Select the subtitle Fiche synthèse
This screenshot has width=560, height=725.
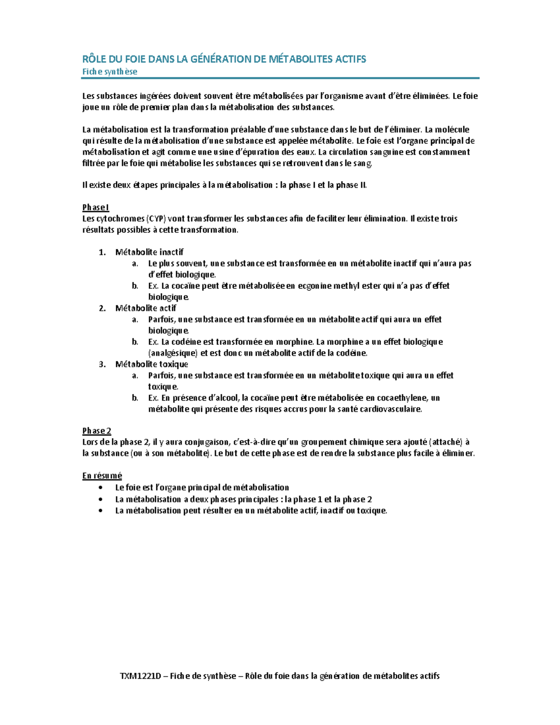coord(110,72)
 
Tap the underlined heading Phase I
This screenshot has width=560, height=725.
coord(96,207)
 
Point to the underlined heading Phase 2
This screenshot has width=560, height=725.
coord(97,431)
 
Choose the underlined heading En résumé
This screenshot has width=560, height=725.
coord(102,476)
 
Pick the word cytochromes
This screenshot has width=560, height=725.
coord(120,218)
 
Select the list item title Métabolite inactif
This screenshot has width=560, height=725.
coord(149,252)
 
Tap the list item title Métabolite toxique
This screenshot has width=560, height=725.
coord(152,364)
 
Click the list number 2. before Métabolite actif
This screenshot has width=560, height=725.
coord(102,308)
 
